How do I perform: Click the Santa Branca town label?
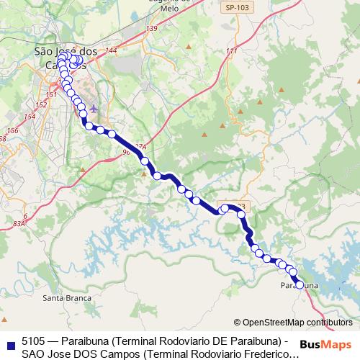[67, 297]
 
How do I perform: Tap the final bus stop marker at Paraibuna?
[300, 284]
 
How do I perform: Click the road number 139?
[151, 28]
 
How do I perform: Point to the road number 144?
[110, 51]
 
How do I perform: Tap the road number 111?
[231, 51]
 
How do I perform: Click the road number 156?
[12, 131]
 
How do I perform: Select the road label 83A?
[19, 225]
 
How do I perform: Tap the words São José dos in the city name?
[66, 51]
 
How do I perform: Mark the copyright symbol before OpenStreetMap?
[238, 323]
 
